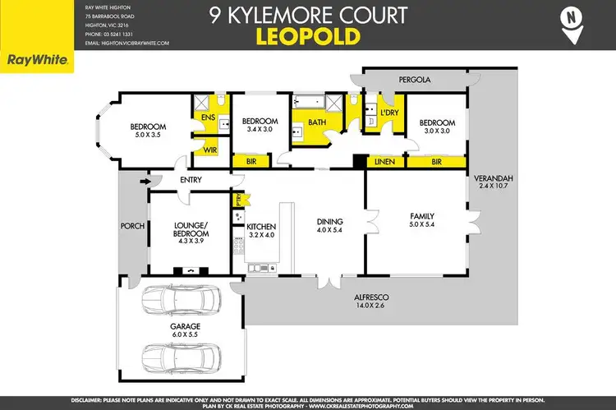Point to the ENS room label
tap(208, 117)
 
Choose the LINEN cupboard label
tap(384, 162)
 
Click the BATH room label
tap(316, 122)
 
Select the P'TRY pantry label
tap(237, 198)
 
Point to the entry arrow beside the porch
tap(145, 182)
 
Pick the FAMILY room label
tap(421, 217)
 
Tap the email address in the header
tap(127, 42)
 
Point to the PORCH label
tap(131, 228)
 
